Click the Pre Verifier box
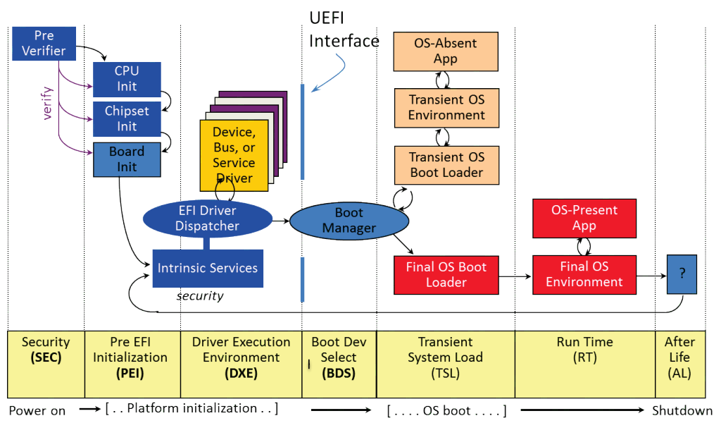pyautogui.click(x=43, y=43)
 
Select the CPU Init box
pyautogui.click(x=127, y=79)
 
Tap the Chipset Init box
pyautogui.click(x=127, y=119)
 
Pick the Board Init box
pyautogui.click(x=127, y=159)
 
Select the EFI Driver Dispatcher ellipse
pyautogui.click(x=207, y=218)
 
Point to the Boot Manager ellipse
pyautogui.click(x=349, y=220)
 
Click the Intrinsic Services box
pyautogui.click(x=208, y=268)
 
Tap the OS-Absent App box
pyautogui.click(x=445, y=51)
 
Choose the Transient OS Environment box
pyautogui.click(x=446, y=107)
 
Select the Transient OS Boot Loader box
pyautogui.click(x=446, y=164)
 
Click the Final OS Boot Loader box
pyautogui.click(x=446, y=274)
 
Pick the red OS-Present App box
pyautogui.click(x=584, y=217)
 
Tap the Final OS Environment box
pyautogui.click(x=584, y=274)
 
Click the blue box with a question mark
pyautogui.click(x=682, y=274)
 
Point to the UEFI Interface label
pyautogui.click(x=344, y=29)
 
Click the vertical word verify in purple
pyautogui.click(x=48, y=103)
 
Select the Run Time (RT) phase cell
pyautogui.click(x=584, y=357)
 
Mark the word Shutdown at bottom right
pyautogui.click(x=682, y=410)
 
